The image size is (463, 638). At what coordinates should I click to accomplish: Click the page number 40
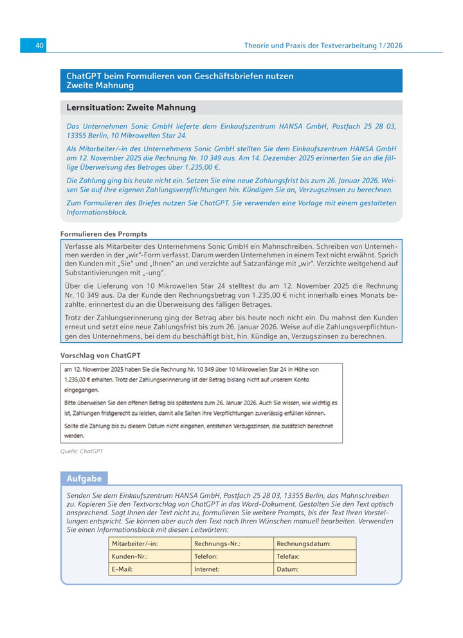(39, 46)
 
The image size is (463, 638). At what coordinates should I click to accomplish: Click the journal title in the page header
(323, 46)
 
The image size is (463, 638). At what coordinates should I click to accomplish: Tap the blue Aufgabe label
(84, 479)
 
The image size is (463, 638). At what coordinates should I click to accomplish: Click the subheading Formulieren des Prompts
(104, 233)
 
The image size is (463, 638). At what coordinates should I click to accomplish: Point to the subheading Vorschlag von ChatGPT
(100, 355)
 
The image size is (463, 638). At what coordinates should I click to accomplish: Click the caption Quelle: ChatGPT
(82, 451)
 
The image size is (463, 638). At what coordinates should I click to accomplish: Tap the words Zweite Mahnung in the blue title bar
(100, 86)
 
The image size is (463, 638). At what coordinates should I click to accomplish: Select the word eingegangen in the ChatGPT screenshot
(81, 390)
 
